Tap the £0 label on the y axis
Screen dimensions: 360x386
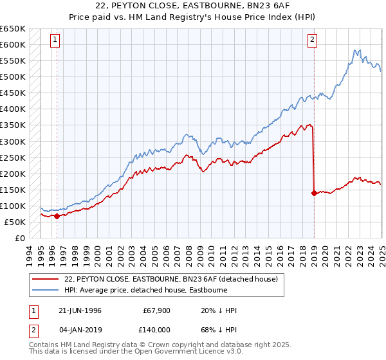[19, 238]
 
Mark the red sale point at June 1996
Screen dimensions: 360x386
[57, 216]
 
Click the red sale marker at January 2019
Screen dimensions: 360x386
[314, 193]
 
